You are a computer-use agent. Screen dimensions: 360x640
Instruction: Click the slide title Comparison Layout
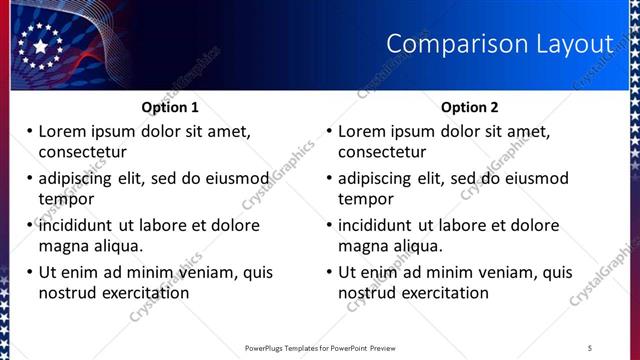click(x=499, y=44)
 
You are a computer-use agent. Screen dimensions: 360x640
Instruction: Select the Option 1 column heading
click(x=170, y=107)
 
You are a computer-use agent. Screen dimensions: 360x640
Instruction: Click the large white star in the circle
click(x=40, y=46)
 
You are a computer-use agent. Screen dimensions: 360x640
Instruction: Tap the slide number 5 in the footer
click(x=590, y=348)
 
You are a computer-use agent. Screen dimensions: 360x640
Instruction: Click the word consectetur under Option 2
click(x=382, y=152)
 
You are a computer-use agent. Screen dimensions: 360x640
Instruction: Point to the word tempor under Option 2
click(x=365, y=199)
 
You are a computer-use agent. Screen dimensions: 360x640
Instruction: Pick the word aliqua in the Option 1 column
click(x=117, y=246)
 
